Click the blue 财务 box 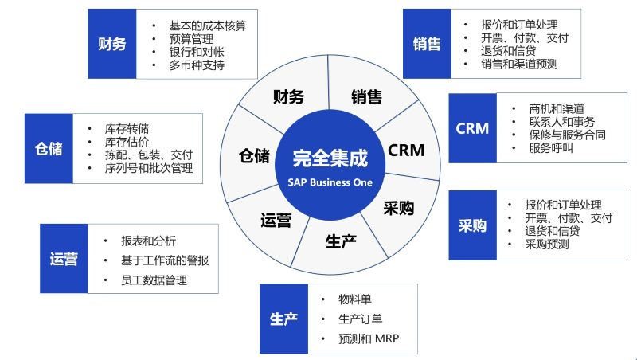pos(112,44)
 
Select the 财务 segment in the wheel pos(288,97)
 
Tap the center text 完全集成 pos(330,157)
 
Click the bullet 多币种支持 pos(197,65)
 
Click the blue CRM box pos(472,128)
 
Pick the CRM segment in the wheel pos(406,149)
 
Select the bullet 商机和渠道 pos(557,108)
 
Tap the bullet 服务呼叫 pos(551,148)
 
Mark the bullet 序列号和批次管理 pos(149,168)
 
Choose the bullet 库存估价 pos(127,141)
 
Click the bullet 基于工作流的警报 pos(165,260)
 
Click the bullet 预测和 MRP pos(368,339)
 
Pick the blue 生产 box pos(284,319)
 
